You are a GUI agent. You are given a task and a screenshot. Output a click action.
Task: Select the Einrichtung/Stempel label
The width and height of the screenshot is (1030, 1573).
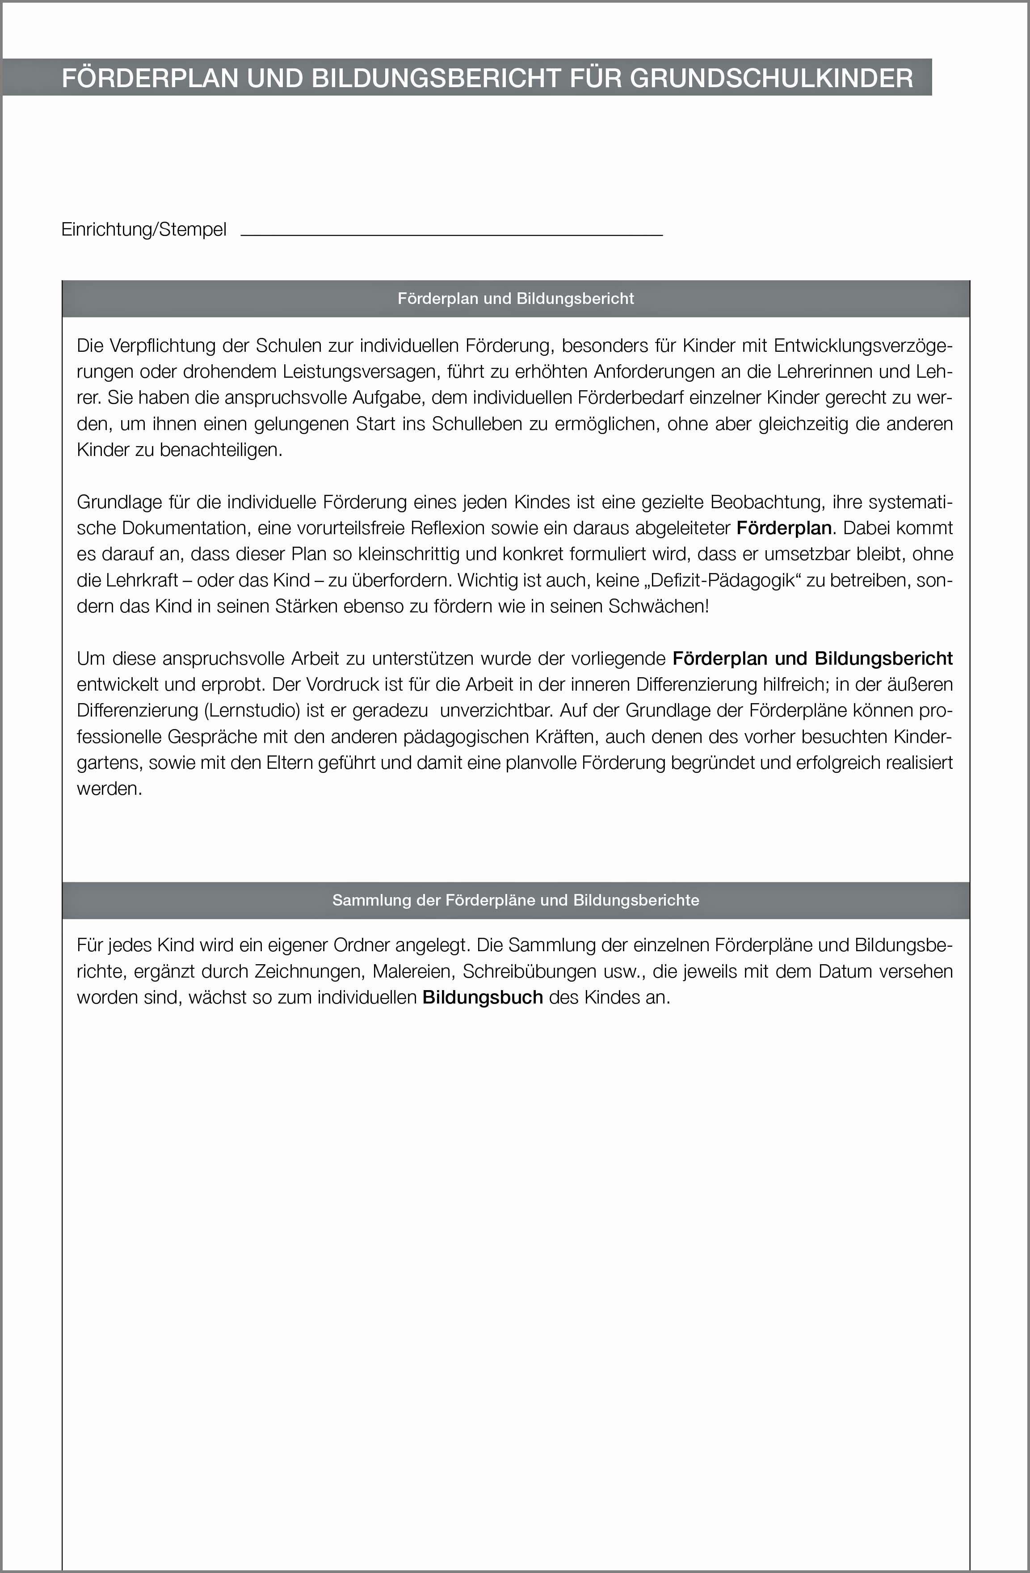click(144, 229)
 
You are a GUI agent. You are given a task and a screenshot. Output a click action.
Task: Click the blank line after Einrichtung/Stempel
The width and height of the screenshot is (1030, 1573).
click(451, 232)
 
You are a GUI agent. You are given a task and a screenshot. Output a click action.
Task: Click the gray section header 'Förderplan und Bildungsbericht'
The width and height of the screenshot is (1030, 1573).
click(515, 299)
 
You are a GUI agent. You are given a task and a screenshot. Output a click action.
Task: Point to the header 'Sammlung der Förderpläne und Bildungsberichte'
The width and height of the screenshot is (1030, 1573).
click(515, 900)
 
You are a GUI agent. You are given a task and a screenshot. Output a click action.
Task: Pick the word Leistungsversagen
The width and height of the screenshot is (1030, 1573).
click(359, 372)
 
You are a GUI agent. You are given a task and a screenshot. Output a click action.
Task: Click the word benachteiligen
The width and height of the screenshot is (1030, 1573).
click(221, 451)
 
